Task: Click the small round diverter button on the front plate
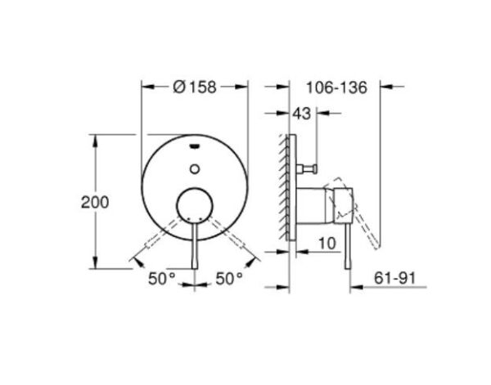tap(195, 169)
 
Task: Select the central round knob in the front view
tap(195, 204)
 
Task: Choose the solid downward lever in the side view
tap(349, 245)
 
